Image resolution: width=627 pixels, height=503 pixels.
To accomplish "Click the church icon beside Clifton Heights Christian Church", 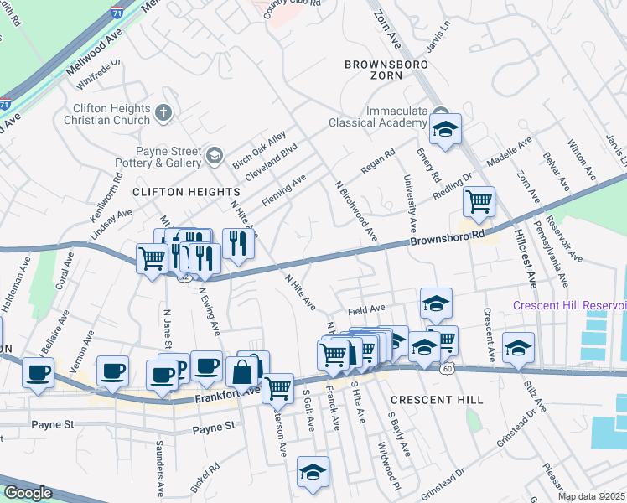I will tap(163, 111).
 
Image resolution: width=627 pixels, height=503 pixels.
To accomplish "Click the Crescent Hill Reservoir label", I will tap(569, 305).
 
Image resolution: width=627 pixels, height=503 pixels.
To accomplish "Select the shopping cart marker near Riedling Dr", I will tap(478, 200).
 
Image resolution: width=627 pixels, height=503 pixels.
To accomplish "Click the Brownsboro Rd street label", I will tap(448, 238).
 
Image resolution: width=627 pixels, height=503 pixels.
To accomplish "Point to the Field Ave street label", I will tap(365, 309).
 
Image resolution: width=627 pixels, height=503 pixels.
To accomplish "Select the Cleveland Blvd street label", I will tap(277, 158).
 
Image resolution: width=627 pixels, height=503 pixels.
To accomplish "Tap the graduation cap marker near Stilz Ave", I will tap(518, 348).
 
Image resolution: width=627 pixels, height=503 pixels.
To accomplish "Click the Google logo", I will tap(28, 492).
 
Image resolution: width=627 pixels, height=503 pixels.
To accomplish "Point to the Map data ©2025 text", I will tap(591, 496).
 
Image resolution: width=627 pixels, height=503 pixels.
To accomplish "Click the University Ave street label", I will tap(411, 204).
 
